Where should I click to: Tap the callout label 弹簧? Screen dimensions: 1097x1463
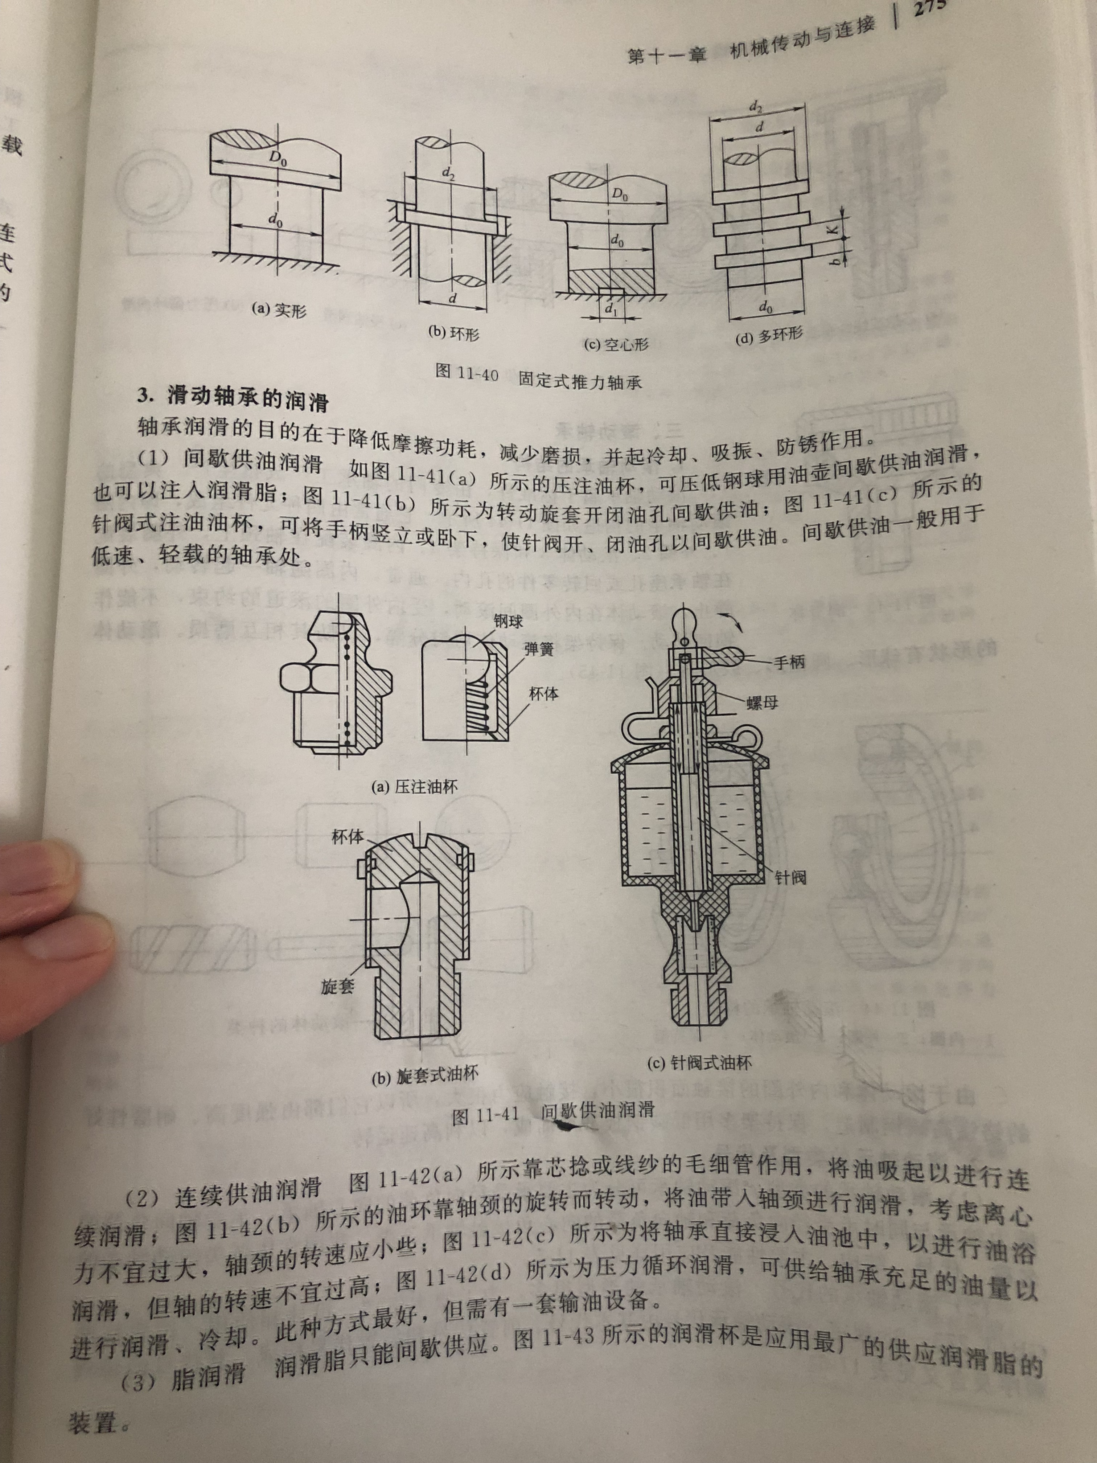(x=539, y=649)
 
